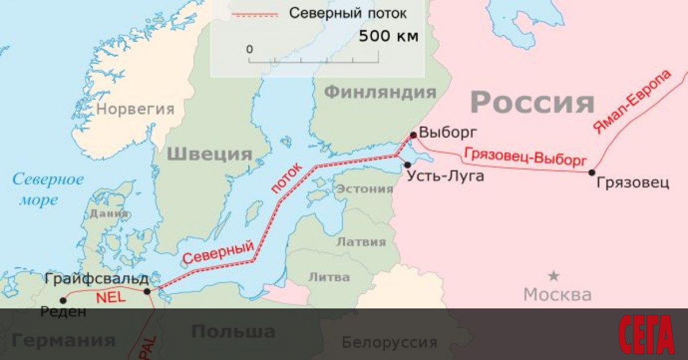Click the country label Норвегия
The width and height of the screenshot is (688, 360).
click(135, 109)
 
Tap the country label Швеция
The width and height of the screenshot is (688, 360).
click(210, 154)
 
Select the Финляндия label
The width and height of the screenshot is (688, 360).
click(380, 92)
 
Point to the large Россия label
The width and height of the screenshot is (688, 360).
click(532, 103)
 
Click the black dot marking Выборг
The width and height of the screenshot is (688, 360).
click(413, 135)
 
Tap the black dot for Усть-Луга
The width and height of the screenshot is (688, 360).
click(408, 165)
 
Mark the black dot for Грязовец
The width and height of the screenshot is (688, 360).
click(592, 172)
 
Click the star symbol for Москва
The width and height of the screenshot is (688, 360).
click(553, 276)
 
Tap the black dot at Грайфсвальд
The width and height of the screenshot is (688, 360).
click(147, 291)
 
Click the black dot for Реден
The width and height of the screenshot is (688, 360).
click(62, 300)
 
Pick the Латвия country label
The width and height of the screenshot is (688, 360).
click(361, 242)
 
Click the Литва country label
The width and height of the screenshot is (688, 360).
click(329, 277)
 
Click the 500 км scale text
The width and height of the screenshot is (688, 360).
click(389, 37)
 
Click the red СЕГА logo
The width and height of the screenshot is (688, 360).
click(647, 334)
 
